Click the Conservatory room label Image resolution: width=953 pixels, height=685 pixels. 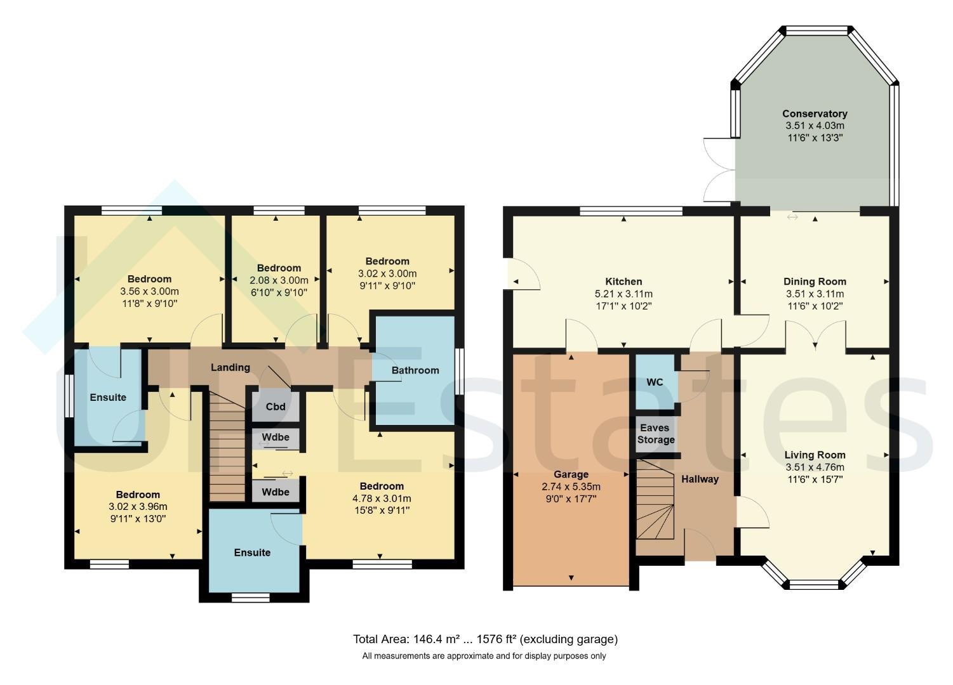(x=815, y=114)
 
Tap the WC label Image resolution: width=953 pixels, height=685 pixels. (x=655, y=382)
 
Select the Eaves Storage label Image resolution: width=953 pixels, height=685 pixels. (x=656, y=433)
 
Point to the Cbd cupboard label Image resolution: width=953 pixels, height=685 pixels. (x=276, y=407)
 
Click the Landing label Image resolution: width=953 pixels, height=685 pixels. (x=230, y=367)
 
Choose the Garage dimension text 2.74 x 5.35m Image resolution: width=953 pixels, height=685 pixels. (x=571, y=486)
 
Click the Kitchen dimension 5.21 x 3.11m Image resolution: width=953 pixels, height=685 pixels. (x=623, y=294)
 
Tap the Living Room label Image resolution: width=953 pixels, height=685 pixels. (x=815, y=455)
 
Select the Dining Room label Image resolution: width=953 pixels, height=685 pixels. (x=815, y=282)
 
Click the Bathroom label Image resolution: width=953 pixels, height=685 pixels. (x=415, y=370)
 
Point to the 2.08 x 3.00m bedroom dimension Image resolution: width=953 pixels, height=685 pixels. (x=279, y=280)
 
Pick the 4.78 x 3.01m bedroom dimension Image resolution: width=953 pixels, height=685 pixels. (x=382, y=498)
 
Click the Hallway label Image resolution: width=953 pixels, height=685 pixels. (x=700, y=479)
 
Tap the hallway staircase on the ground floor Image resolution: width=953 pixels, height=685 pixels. (x=655, y=500)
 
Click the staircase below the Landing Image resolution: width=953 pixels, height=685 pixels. (x=227, y=446)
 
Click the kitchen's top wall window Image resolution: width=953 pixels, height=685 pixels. (x=631, y=211)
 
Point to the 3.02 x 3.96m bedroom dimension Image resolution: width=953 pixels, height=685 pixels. (x=138, y=507)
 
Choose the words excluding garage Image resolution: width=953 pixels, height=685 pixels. (x=569, y=639)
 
